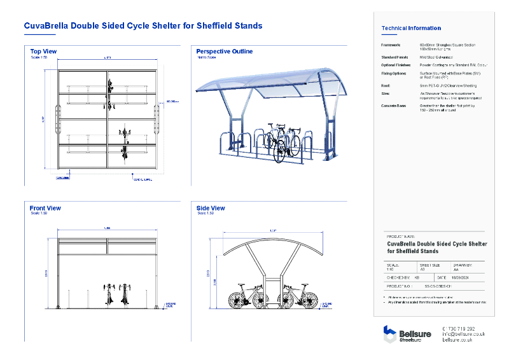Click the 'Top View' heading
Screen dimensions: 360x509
pyautogui.click(x=43, y=51)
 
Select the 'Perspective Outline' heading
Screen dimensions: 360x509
pyautogui.click(x=224, y=51)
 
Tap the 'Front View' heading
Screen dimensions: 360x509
pyautogui.click(x=45, y=208)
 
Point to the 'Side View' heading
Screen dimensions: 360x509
pyautogui.click(x=211, y=208)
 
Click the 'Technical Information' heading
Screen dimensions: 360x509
pyautogui.click(x=410, y=28)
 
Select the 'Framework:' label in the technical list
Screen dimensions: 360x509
pyautogui.click(x=391, y=45)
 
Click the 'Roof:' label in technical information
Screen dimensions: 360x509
pyautogui.click(x=386, y=84)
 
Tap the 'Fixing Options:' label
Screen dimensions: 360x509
pyautogui.click(x=394, y=73)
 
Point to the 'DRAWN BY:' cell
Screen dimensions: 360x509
pyautogui.click(x=463, y=265)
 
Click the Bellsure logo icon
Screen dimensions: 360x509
pyautogui.click(x=389, y=334)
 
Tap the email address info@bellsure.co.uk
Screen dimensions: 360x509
pyautogui.click(x=463, y=334)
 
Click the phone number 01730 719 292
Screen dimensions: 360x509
pyautogui.click(x=458, y=328)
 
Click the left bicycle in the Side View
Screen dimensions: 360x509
pyautogui.click(x=247, y=296)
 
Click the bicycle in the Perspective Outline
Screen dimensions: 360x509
pyautogui.click(x=282, y=142)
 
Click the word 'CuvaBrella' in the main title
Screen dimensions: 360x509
pyautogui.click(x=45, y=26)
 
